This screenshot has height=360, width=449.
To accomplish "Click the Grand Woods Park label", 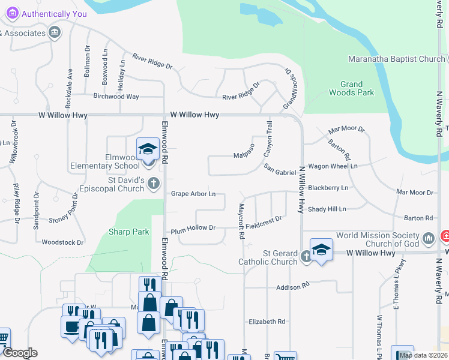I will click(351, 88).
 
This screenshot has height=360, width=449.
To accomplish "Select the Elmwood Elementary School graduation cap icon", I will click(147, 149).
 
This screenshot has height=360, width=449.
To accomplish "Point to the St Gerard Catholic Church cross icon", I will click(306, 257).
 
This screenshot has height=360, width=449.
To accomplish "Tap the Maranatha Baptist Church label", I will click(396, 59).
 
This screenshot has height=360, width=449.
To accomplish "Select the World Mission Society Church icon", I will click(429, 239).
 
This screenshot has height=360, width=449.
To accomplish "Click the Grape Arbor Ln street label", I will click(193, 194).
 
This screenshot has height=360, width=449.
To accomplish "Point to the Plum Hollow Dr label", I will click(193, 228).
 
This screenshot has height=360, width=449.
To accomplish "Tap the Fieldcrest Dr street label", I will click(264, 223).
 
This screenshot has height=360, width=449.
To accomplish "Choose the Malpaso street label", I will click(245, 155).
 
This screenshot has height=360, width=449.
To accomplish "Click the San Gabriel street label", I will click(281, 172).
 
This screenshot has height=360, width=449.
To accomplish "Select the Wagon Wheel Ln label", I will click(333, 166).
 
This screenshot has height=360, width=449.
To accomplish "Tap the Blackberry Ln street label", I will click(328, 188).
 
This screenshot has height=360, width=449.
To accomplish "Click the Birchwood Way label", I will click(116, 97).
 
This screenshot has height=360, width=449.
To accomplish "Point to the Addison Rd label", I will click(292, 287).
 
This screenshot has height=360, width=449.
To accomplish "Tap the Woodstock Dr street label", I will click(63, 242).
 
